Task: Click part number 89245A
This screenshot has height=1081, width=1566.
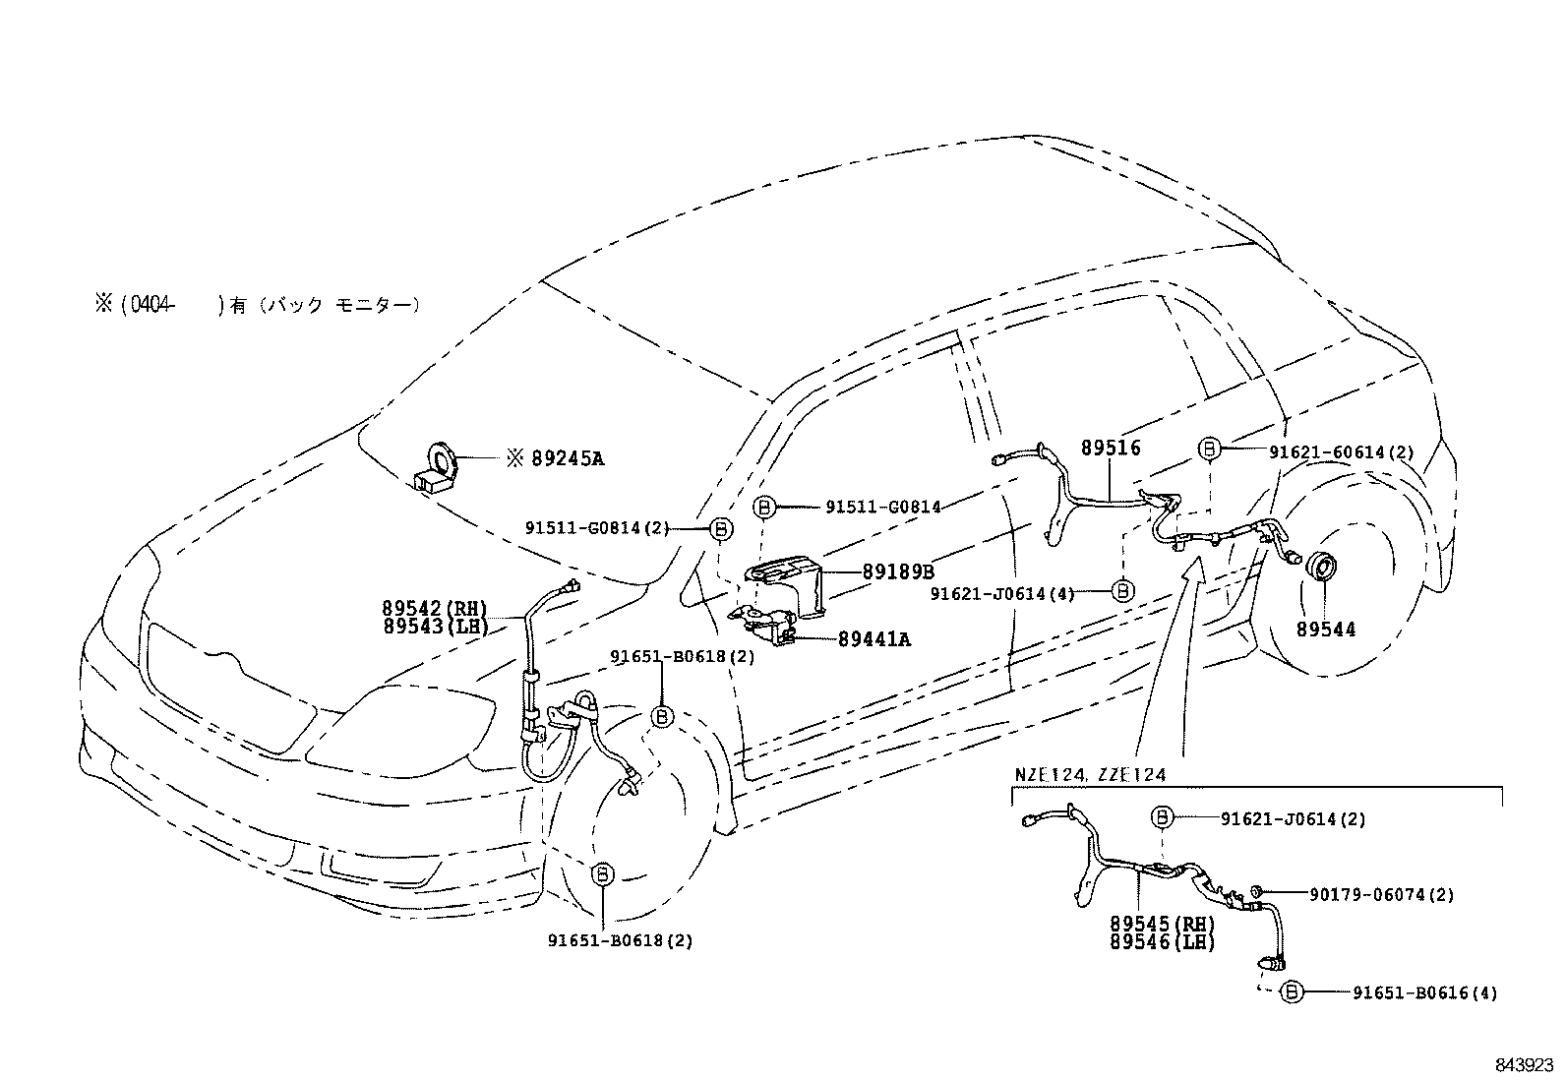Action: [x=567, y=457]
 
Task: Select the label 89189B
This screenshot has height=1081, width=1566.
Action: [x=898, y=571]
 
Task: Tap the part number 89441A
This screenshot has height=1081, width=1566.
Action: [x=874, y=639]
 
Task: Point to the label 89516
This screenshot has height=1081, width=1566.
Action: [x=1111, y=448]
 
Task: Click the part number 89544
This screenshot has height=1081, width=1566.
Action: [x=1325, y=630]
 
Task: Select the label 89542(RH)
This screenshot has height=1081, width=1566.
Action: [x=435, y=609]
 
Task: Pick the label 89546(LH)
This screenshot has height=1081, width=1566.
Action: [x=1163, y=942]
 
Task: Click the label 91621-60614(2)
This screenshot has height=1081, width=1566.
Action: [x=1341, y=452]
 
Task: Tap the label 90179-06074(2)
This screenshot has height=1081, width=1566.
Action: [x=1382, y=894]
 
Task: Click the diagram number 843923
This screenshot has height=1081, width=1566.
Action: [x=1523, y=1065]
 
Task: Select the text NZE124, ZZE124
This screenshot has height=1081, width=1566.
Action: [x=1090, y=775]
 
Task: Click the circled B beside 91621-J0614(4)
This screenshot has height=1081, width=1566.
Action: [x=1122, y=591]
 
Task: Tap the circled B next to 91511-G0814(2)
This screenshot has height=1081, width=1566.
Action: [x=721, y=529]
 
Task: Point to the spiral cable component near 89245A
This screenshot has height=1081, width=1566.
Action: [x=435, y=465]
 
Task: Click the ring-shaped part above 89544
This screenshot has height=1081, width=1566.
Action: [x=1318, y=568]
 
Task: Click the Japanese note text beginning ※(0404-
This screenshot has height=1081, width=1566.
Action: [x=258, y=305]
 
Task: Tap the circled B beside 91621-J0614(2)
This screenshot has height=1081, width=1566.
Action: [x=1161, y=816]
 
